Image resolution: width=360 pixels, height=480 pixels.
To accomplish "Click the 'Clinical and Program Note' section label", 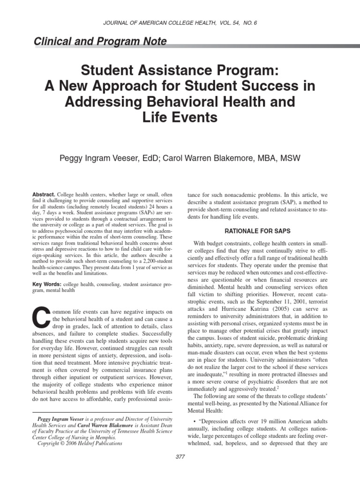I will (x=100, y=42).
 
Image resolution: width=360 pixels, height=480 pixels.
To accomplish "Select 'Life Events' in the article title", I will (x=180, y=117).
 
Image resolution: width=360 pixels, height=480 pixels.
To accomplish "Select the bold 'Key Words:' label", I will (x=46, y=285).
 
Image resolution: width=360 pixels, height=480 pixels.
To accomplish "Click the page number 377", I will (x=180, y=457).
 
